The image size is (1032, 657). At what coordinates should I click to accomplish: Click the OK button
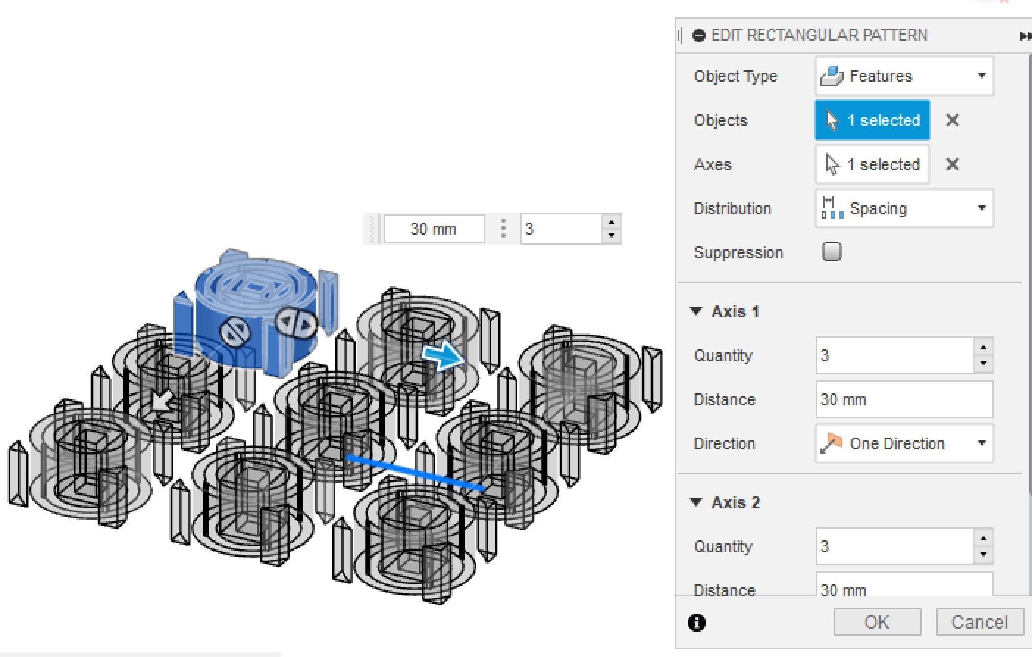[x=877, y=622]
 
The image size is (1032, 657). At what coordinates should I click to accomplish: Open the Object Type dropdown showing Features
[x=905, y=76]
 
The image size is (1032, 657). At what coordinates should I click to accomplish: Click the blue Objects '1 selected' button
[x=872, y=120]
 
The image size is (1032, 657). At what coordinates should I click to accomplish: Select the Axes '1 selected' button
[x=872, y=164]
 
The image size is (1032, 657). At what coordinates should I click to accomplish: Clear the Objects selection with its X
[x=952, y=120]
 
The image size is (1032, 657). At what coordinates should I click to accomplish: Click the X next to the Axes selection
[x=952, y=164]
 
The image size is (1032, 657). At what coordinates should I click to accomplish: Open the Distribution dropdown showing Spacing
[x=905, y=208]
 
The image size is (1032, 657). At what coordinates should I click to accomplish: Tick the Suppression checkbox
[x=832, y=252]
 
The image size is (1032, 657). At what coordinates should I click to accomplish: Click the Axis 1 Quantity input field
[x=895, y=355]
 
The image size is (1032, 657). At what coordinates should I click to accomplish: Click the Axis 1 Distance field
[x=905, y=399]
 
